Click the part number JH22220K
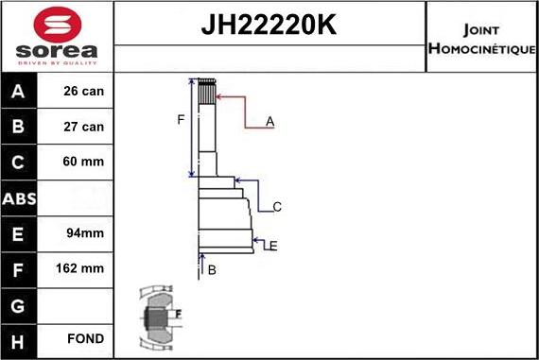pyautogui.click(x=269, y=26)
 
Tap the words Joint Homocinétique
pyautogui.click(x=482, y=37)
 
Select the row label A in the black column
pyautogui.click(x=20, y=92)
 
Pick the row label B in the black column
pyautogui.click(x=20, y=127)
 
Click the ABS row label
pyautogui.click(x=20, y=197)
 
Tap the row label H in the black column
pyautogui.click(x=20, y=339)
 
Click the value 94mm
pyautogui.click(x=85, y=232)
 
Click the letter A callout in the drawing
pyautogui.click(x=270, y=121)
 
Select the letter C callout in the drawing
pyautogui.click(x=277, y=207)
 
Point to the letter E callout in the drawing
pyautogui.click(x=272, y=246)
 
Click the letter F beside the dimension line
pyautogui.click(x=181, y=119)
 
